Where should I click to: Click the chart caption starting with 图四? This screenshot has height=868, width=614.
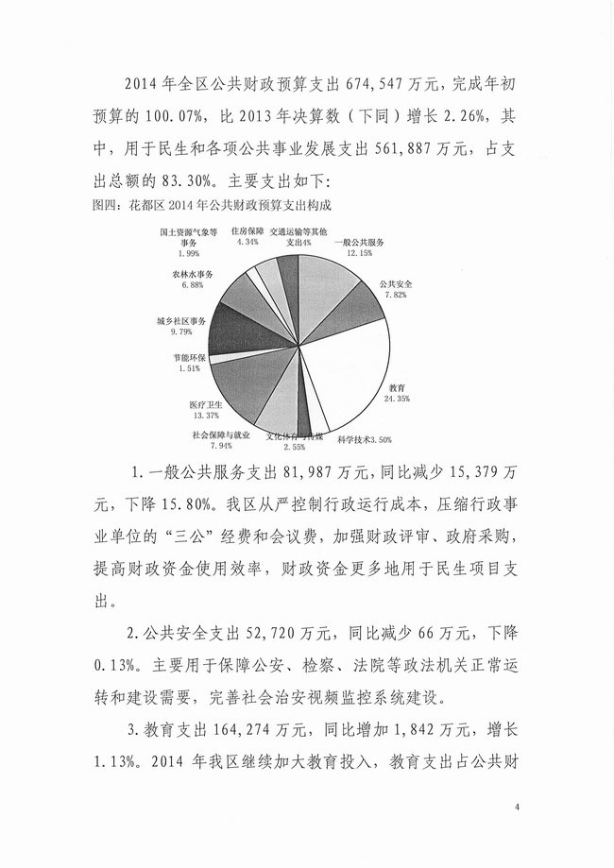(211, 203)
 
